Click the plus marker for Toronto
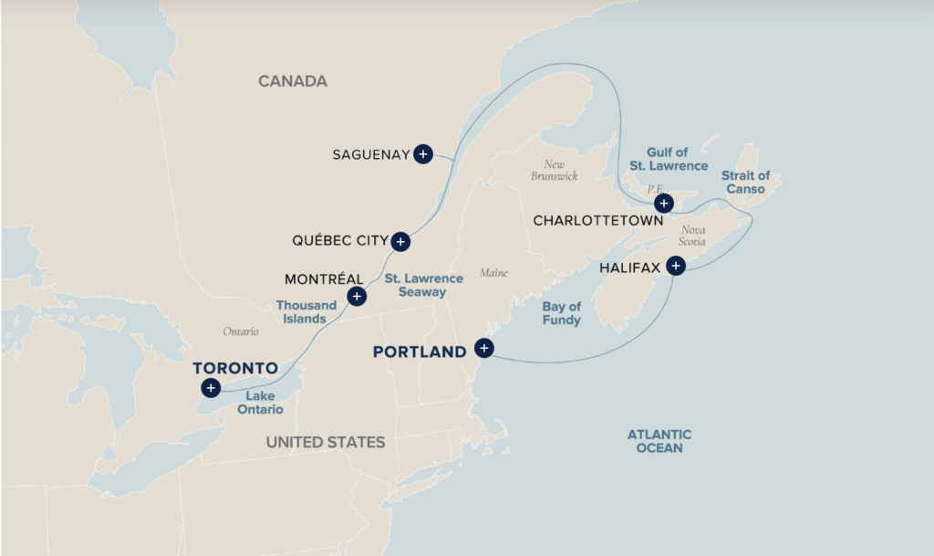point(211,388)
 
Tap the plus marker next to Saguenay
point(422,154)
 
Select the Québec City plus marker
point(400,242)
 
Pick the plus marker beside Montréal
point(357,296)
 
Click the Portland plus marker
point(483,348)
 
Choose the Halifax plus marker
point(675,266)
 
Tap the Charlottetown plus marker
point(664,203)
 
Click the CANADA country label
point(292,81)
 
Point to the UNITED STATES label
point(326,442)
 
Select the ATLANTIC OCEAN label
point(659,441)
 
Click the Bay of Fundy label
point(562,313)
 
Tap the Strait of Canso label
point(745,182)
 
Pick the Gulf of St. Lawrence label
point(669,159)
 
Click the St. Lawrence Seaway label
point(415,285)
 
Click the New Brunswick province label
point(554,170)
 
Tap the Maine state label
point(493,273)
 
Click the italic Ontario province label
point(241,331)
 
